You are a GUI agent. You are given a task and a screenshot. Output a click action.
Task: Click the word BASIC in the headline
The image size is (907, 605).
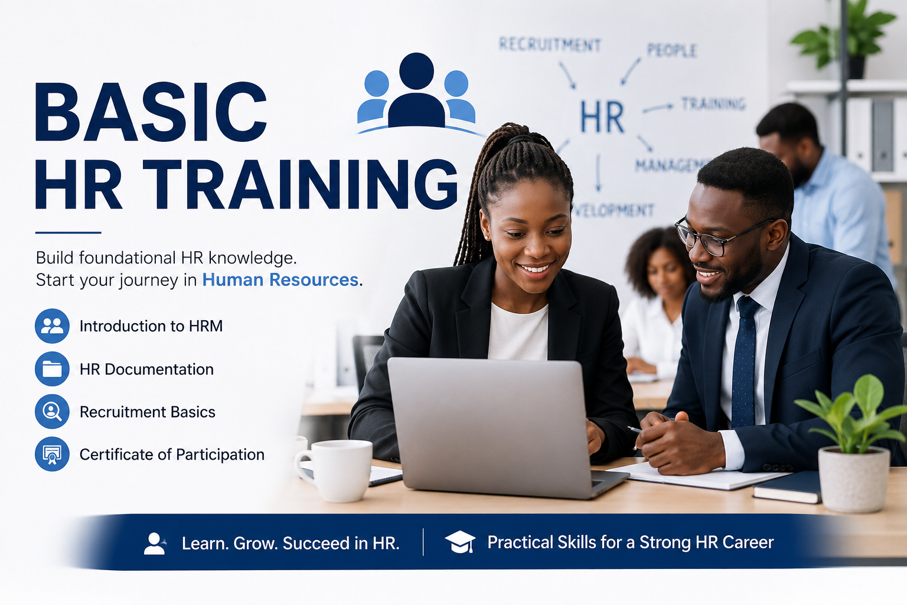[x=151, y=112]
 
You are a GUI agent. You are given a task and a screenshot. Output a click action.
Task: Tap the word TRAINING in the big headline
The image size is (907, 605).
[x=300, y=184]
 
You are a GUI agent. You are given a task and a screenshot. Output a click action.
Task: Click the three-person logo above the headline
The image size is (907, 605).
[x=417, y=93]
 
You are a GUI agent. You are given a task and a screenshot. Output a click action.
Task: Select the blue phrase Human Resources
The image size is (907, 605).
[x=280, y=279]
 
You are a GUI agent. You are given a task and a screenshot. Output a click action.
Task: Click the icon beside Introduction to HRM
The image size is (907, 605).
[x=52, y=326]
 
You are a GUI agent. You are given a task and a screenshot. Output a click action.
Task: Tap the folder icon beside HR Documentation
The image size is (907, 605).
[x=52, y=369]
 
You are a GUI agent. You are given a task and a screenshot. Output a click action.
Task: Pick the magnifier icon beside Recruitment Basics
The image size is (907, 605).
[x=52, y=411]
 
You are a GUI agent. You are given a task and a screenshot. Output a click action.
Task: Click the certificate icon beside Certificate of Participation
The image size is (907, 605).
[x=52, y=454]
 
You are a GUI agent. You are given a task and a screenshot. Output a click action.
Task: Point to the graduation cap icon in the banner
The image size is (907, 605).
[x=460, y=542]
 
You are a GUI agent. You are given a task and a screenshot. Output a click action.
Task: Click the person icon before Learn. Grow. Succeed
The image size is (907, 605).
[x=155, y=544]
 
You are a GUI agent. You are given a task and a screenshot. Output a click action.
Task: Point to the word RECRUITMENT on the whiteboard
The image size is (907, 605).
[x=550, y=44]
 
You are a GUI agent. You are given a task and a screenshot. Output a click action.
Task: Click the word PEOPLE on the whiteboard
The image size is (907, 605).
[x=671, y=50]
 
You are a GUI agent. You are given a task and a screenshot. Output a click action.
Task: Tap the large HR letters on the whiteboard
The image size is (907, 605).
[x=602, y=117]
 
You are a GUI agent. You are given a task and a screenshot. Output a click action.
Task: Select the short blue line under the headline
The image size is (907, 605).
[x=68, y=233]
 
